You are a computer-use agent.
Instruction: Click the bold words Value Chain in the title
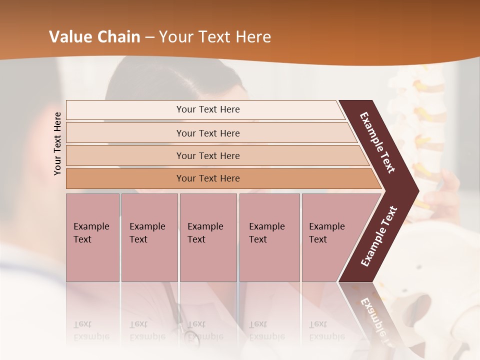pyautogui.click(x=94, y=37)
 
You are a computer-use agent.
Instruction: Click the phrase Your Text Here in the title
pyautogui.click(x=215, y=37)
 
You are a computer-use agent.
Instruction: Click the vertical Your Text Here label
pyautogui.click(x=57, y=143)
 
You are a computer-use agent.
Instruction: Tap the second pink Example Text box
pyautogui.click(x=149, y=237)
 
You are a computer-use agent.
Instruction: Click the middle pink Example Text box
pyautogui.click(x=208, y=237)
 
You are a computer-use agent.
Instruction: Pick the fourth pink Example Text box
pyautogui.click(x=269, y=237)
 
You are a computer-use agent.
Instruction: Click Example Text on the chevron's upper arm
pyautogui.click(x=377, y=142)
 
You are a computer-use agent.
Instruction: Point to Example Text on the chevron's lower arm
pyautogui.click(x=379, y=236)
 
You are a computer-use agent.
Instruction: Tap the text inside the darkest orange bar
pyautogui.click(x=208, y=178)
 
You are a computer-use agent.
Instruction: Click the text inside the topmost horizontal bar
pyautogui.click(x=208, y=109)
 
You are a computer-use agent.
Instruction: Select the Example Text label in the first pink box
pyautogui.click(x=91, y=233)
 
